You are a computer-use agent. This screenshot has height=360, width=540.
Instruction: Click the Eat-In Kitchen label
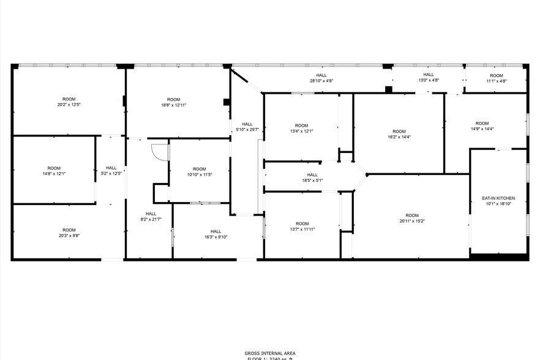pos(498,198)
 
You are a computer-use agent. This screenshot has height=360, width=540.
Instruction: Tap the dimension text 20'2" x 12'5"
pos(69,105)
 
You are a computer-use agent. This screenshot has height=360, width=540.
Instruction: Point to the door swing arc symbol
pos(159,151)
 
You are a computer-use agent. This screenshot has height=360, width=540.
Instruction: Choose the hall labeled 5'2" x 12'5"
pos(111,171)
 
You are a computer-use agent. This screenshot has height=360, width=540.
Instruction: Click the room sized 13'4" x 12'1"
pos(301,130)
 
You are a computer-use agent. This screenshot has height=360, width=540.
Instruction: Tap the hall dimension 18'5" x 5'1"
pos(312,180)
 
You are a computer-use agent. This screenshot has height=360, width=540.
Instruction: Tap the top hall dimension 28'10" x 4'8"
pos(321,80)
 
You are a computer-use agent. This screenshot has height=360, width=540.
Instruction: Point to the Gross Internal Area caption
pos(269,353)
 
